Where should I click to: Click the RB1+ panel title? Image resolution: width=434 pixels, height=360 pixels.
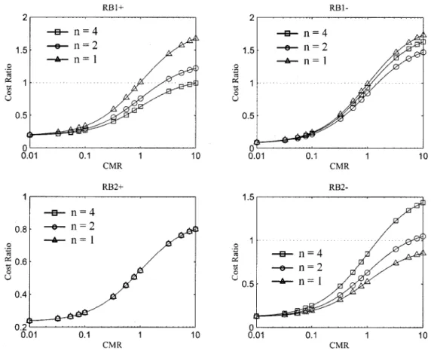point(113,8)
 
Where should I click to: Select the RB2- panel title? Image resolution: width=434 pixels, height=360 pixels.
point(338,188)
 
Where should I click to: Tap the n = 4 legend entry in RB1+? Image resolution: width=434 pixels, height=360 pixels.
point(72,32)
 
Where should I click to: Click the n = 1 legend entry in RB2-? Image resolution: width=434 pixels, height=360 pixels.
point(297,282)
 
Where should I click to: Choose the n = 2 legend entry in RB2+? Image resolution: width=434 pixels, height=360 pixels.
point(69,227)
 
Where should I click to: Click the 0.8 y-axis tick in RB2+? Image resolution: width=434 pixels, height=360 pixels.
point(21,230)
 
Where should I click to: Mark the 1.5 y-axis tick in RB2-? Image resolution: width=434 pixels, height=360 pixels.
point(248,197)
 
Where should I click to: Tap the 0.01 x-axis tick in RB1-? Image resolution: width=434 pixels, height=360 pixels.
point(256,156)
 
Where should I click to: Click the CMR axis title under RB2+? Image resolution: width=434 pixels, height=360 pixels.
point(112,345)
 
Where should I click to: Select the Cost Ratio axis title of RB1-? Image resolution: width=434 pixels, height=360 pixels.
point(236,83)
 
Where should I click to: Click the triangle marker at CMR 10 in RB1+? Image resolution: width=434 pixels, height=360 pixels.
point(196,38)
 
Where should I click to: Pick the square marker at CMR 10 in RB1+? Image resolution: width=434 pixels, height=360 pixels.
point(196,83)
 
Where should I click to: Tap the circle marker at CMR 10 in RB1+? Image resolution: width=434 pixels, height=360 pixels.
point(196,68)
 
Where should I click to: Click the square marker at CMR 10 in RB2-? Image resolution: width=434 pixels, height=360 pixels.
point(423,203)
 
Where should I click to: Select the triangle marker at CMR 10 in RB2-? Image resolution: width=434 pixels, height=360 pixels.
point(423,252)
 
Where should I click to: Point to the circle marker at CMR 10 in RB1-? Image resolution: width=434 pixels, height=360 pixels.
point(423,52)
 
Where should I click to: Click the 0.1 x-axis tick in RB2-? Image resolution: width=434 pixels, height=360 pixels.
point(311,335)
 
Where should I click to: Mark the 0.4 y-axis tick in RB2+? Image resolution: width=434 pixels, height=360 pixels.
point(21,294)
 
